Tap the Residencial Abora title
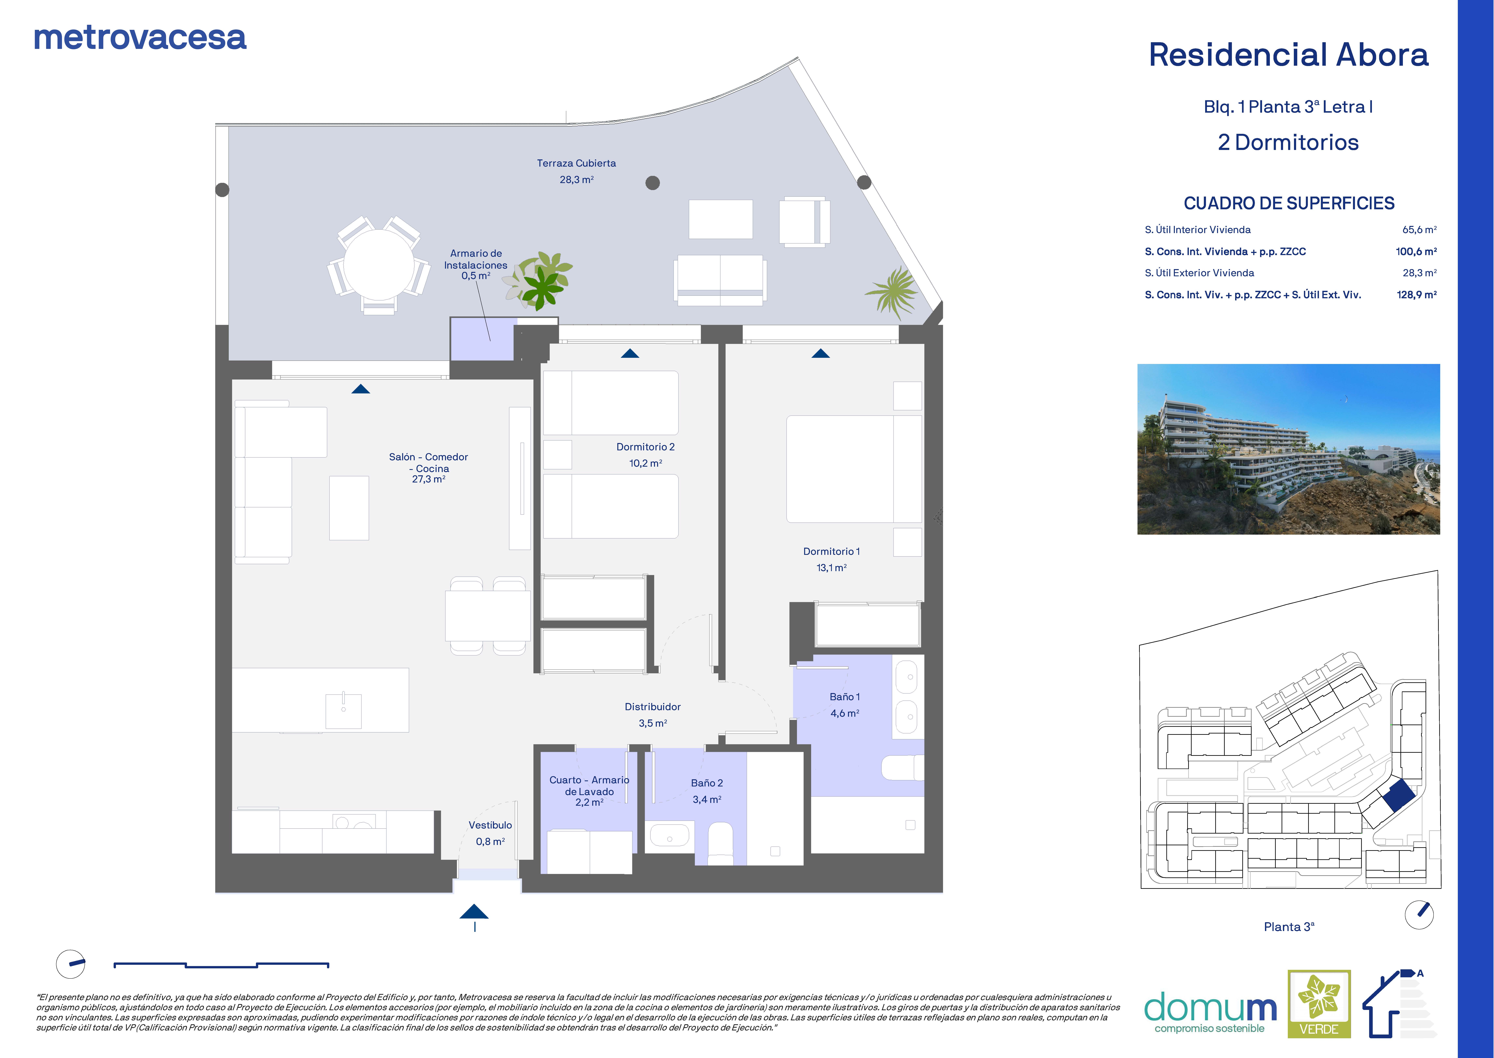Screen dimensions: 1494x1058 (1288, 55)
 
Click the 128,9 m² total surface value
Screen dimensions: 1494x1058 (1416, 295)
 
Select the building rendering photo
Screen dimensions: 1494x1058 (1288, 450)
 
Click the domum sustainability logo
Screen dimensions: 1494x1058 (1210, 1012)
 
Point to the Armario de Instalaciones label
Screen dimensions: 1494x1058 (476, 265)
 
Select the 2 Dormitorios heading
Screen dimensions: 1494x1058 (1288, 143)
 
